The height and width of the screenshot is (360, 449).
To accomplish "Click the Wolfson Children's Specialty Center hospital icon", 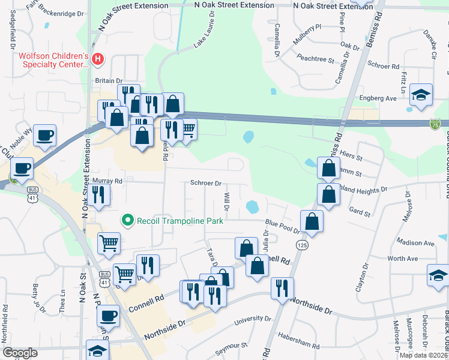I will click(x=97, y=59).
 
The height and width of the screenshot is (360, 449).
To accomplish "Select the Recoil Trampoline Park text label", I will click(x=180, y=221).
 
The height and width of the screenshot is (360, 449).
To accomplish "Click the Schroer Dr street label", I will click(x=206, y=183).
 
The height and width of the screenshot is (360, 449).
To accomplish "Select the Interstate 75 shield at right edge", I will click(x=435, y=124).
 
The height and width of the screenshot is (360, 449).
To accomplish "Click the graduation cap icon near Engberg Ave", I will click(x=421, y=94).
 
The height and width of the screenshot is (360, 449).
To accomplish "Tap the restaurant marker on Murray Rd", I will click(x=99, y=194).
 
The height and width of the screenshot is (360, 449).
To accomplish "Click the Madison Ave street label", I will click(x=415, y=243).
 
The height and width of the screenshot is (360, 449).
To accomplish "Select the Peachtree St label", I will click(x=315, y=59).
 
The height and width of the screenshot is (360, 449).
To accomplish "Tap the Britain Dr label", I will click(x=109, y=81).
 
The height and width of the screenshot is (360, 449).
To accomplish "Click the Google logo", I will click(x=20, y=353).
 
